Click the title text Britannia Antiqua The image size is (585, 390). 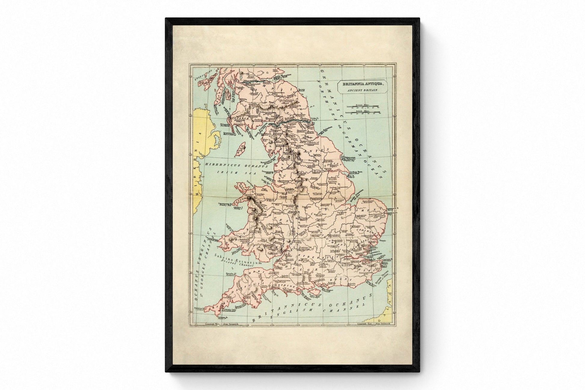tap(361, 84)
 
